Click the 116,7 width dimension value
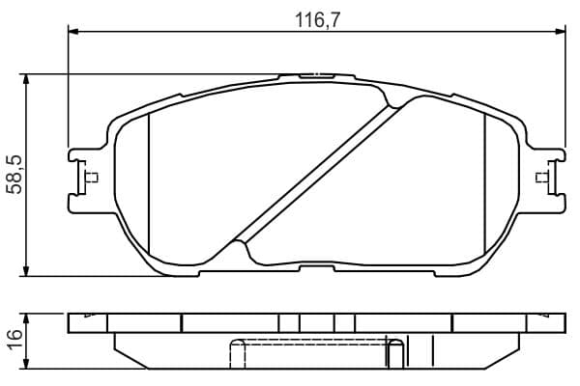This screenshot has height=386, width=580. [317, 20]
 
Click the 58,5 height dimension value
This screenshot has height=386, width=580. [15, 175]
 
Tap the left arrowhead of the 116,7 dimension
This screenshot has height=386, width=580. [73, 32]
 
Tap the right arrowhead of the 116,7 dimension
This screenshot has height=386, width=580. [561, 32]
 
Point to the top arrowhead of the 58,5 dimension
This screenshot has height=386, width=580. [25, 79]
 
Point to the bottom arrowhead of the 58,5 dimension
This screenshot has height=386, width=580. [25, 271]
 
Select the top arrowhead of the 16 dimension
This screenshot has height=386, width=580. [25, 318]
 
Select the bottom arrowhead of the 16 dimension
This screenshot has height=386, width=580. [25, 364]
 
